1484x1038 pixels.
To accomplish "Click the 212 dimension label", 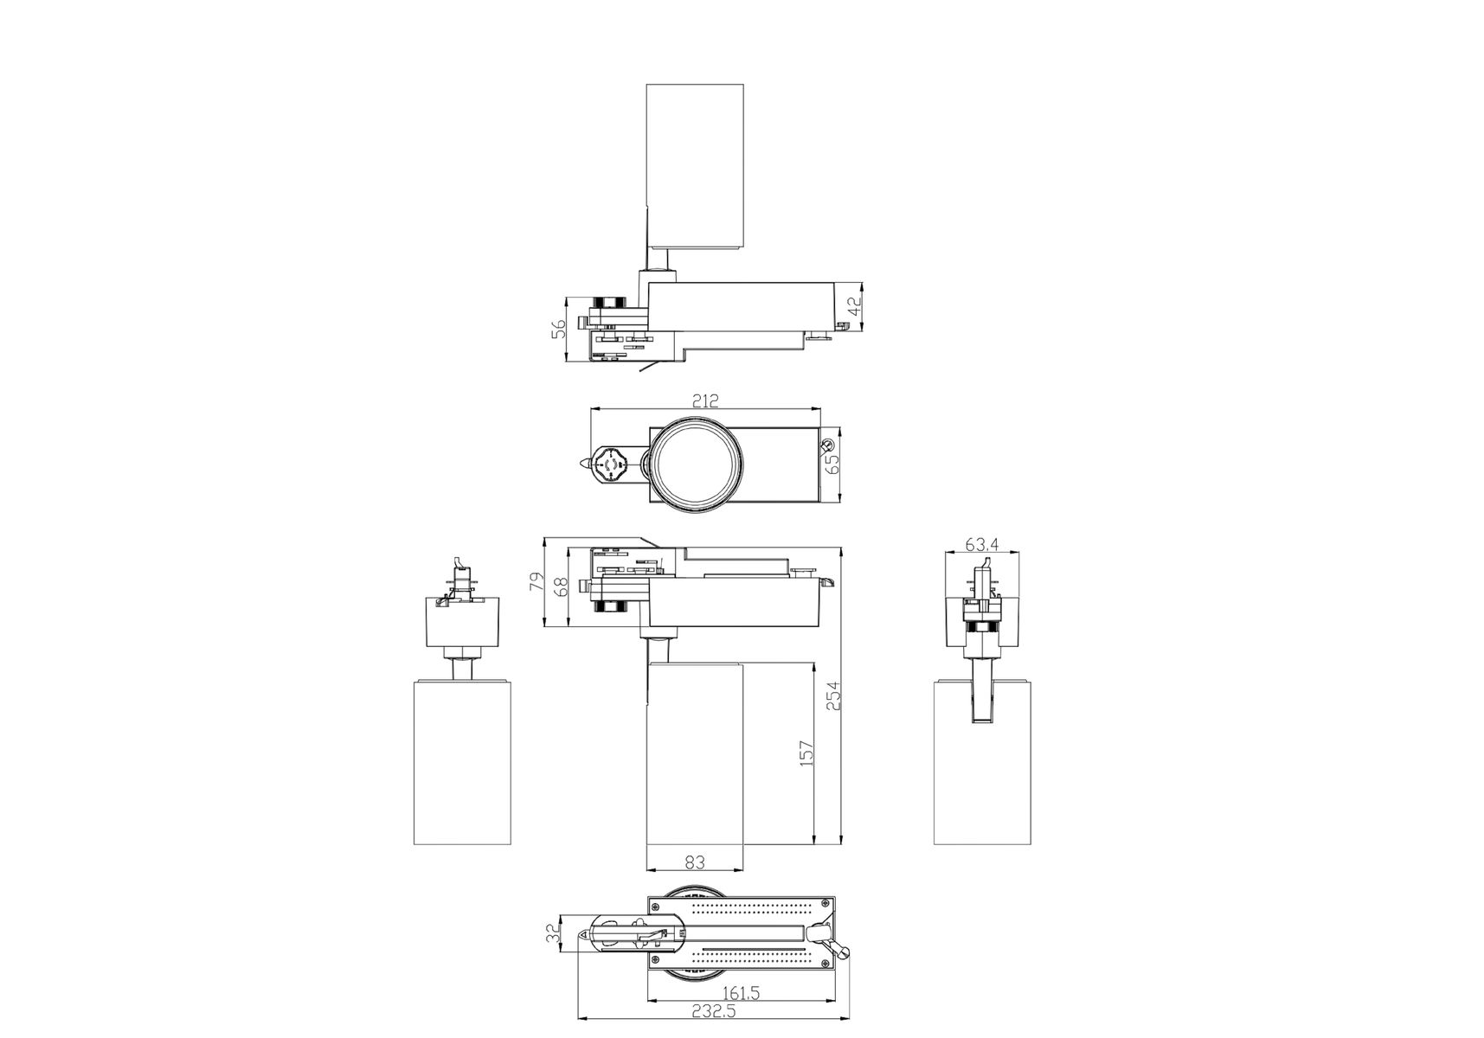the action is click(705, 401).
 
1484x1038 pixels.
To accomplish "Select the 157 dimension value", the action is click(806, 753).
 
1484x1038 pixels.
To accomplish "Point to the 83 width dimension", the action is click(695, 862).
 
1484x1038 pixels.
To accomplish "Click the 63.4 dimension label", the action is click(982, 544).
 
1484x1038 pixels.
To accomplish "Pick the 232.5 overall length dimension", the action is click(714, 1010).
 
